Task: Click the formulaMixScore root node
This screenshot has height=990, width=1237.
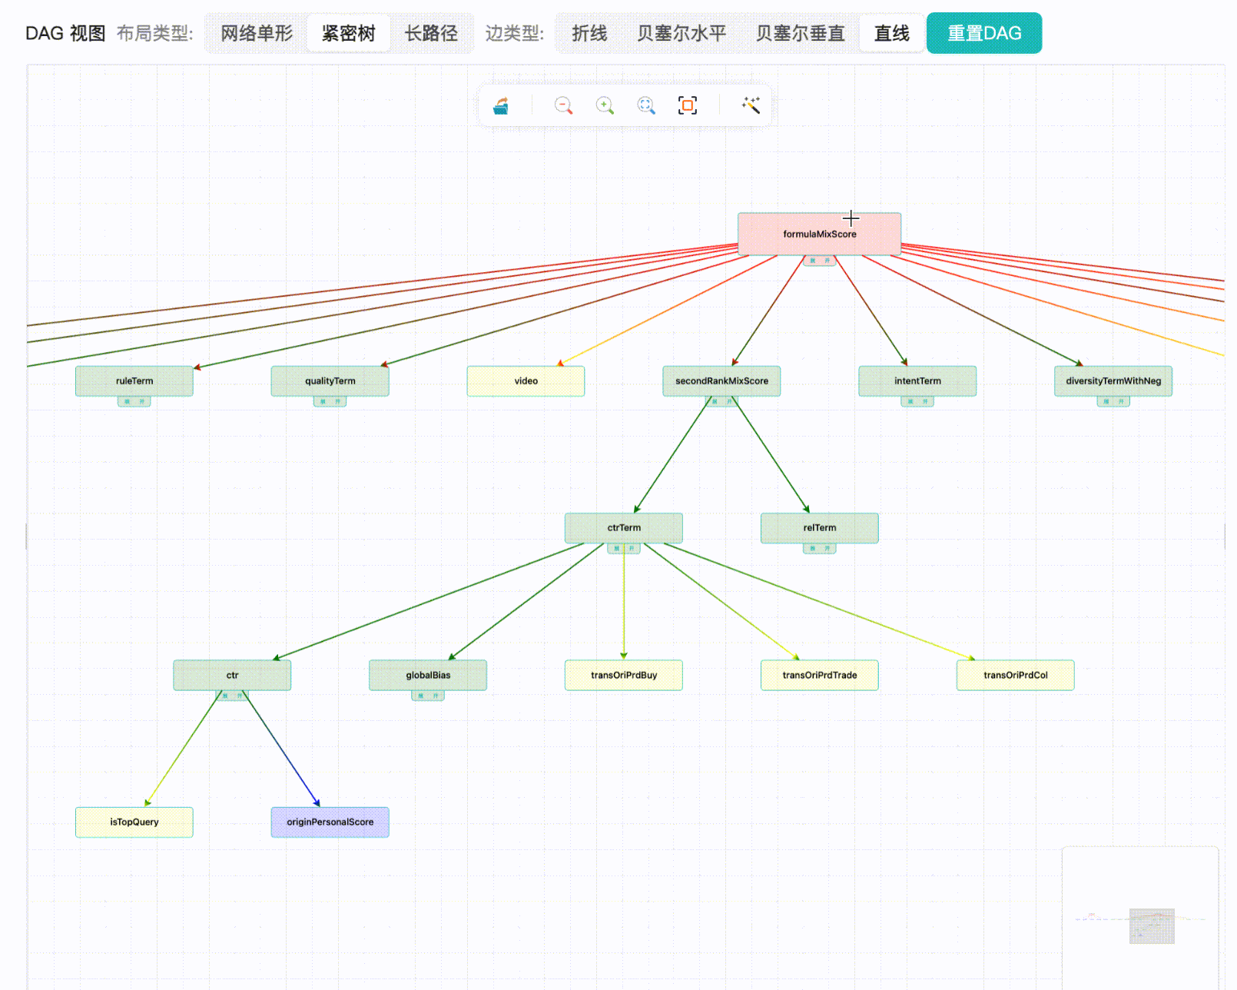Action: tap(819, 234)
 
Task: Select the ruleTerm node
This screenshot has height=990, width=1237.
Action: tap(134, 381)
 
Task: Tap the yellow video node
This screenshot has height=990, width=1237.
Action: tap(526, 381)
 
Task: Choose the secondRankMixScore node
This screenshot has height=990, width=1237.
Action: tap(721, 381)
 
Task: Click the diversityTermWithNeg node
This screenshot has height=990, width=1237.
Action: tap(1113, 381)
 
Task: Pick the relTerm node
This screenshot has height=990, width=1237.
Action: tap(819, 528)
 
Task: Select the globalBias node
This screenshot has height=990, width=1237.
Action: tap(428, 675)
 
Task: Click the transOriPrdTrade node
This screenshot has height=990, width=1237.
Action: tap(819, 675)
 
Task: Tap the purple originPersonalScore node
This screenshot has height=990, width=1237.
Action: tap(330, 822)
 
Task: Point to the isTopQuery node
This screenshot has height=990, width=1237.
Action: tap(134, 822)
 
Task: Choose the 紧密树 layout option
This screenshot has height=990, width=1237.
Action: tap(348, 34)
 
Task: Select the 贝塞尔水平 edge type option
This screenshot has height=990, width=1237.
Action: tap(681, 34)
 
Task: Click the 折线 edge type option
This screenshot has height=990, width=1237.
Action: tap(589, 34)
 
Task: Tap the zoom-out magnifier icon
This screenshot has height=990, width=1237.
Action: tap(563, 105)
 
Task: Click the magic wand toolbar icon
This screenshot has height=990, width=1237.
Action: tap(751, 105)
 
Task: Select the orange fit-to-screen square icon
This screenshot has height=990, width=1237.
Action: tap(688, 105)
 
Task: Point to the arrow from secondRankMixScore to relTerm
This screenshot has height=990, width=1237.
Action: tap(771, 454)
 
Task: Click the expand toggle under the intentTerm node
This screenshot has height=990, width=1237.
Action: tap(917, 401)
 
